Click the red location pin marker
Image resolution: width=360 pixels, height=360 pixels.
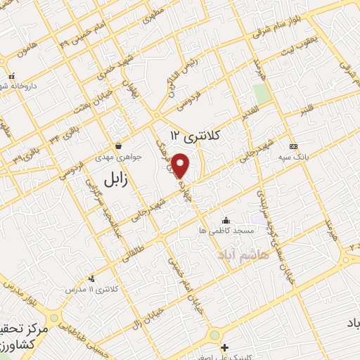pos(181,165)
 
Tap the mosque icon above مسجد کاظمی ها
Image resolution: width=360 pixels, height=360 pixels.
pos(225,220)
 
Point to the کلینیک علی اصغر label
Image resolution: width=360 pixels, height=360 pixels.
pos(225,357)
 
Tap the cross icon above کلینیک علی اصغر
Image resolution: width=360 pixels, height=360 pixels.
pos(224,347)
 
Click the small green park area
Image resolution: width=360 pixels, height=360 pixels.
pos(262,94)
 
